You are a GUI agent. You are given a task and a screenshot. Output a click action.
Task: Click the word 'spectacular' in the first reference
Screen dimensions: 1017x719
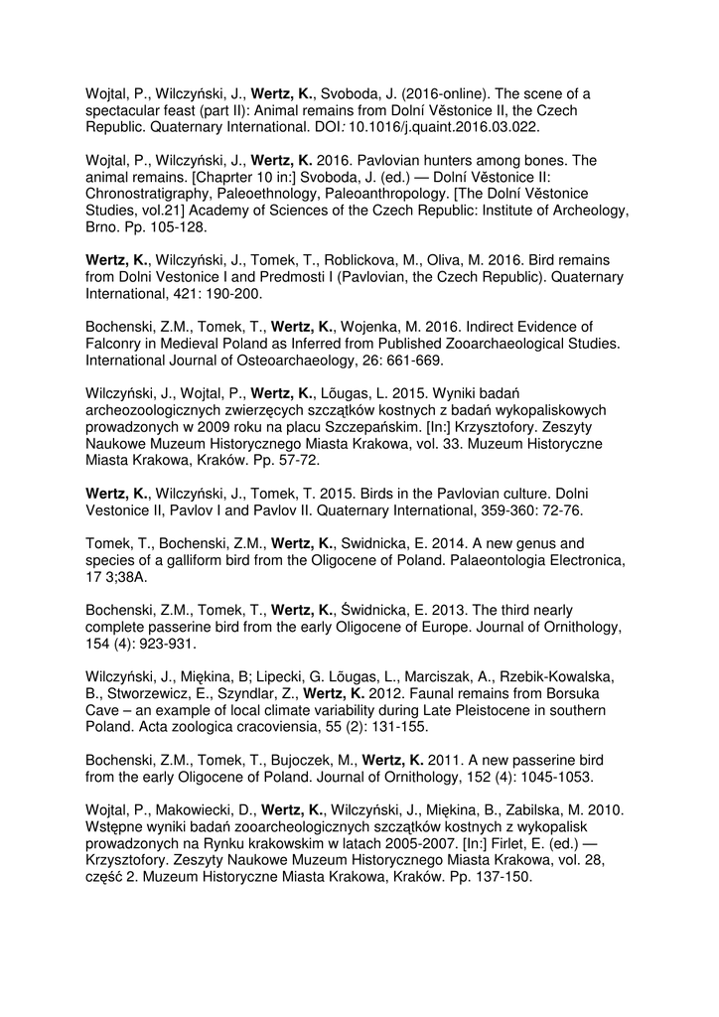(x=126, y=110)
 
